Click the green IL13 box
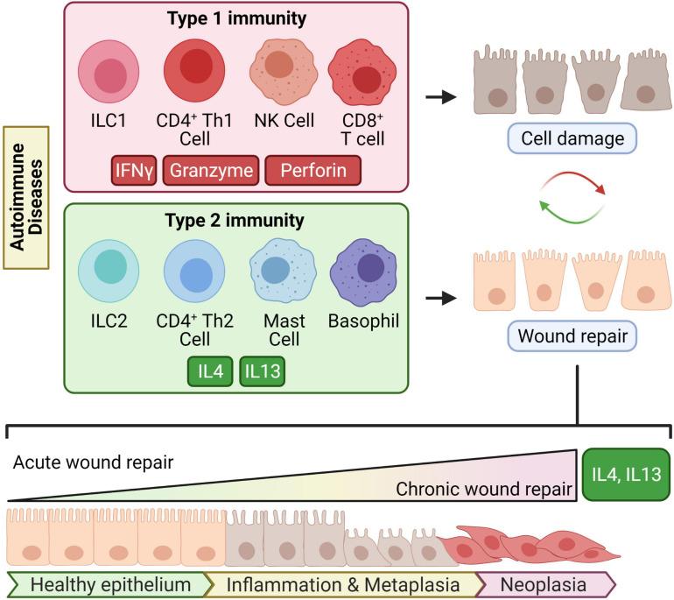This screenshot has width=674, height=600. pos(263,371)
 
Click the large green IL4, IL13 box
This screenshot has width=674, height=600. pos(626,476)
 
